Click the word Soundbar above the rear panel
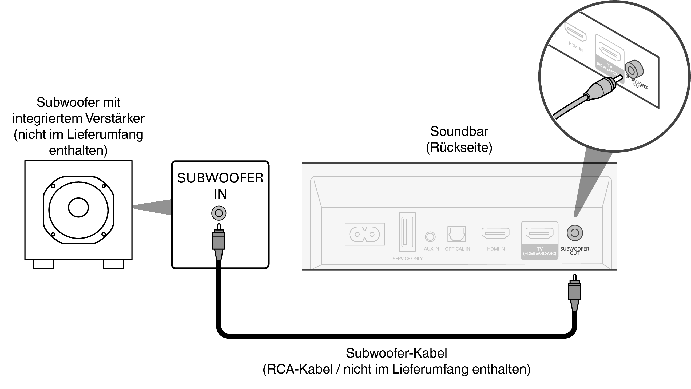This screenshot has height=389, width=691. (459, 132)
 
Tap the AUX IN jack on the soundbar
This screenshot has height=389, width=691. (430, 236)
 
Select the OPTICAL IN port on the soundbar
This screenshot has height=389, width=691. (456, 234)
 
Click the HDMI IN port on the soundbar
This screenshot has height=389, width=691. (495, 233)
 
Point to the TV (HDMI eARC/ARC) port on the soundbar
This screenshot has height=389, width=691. (539, 233)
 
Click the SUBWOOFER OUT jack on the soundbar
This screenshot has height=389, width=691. (575, 233)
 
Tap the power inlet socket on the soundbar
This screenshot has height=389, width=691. (364, 234)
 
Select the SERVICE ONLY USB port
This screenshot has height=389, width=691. (407, 232)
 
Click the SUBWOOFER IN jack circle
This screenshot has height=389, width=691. (219, 213)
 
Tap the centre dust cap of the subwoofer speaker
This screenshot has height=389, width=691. (78, 207)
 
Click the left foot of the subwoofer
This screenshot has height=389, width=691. (43, 264)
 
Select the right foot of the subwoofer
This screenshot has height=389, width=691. (113, 264)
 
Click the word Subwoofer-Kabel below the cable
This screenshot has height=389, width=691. (396, 353)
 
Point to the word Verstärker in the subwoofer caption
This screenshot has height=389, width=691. (115, 118)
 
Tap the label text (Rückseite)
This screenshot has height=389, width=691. (459, 148)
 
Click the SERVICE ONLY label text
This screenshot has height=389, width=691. (407, 259)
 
